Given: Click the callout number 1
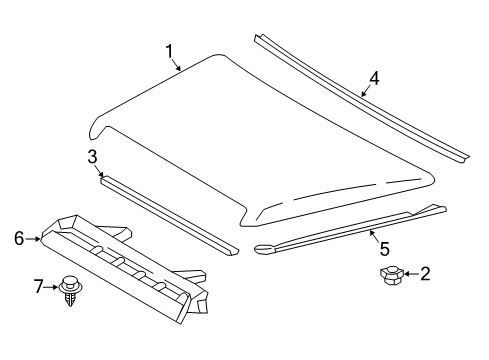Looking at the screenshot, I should (170, 50).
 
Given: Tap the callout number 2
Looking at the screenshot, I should (424, 273).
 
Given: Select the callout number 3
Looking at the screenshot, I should (92, 155).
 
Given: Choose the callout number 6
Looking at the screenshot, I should (18, 238).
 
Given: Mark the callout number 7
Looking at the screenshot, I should (39, 288).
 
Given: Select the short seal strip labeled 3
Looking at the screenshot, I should (170, 212).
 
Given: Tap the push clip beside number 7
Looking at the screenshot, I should (71, 288).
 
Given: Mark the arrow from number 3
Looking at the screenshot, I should (98, 167).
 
